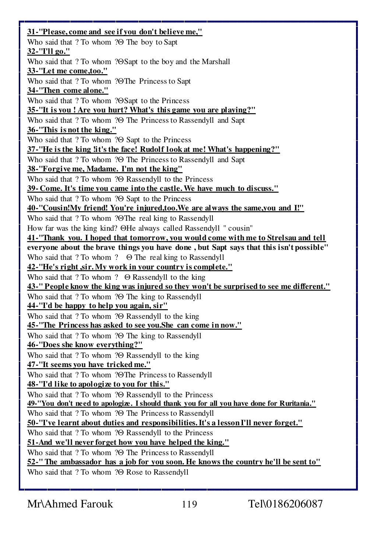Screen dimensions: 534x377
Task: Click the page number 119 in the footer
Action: pyautogui.click(x=189, y=504)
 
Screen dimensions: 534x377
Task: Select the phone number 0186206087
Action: pyautogui.click(x=293, y=504)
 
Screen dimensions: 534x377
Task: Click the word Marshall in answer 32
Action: pyautogui.click(x=216, y=62)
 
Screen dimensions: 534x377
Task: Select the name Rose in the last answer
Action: pyautogui.click(x=134, y=472)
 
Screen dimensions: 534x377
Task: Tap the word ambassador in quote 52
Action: pyautogui.click(x=80, y=462)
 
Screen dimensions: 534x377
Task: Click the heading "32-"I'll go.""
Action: pyautogui.click(x=48, y=52)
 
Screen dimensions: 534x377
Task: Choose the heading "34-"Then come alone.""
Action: pyautogui.click(x=68, y=91)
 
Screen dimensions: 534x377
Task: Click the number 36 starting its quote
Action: pyautogui.click(x=32, y=130)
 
